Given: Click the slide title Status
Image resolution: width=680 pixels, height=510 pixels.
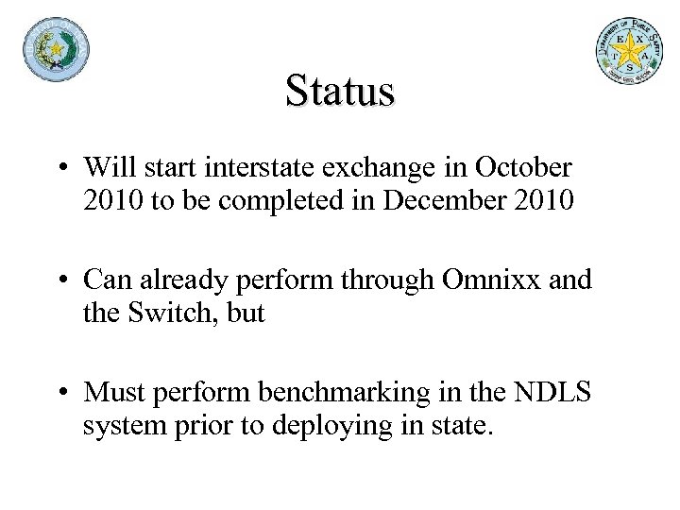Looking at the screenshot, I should pyautogui.click(x=339, y=92).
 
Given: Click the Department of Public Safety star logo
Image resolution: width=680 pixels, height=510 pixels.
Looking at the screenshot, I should pyautogui.click(x=629, y=51).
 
